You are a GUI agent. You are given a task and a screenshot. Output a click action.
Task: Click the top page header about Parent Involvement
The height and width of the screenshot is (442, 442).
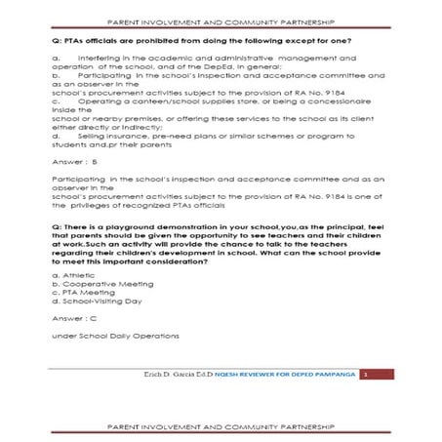coord(221,20)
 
